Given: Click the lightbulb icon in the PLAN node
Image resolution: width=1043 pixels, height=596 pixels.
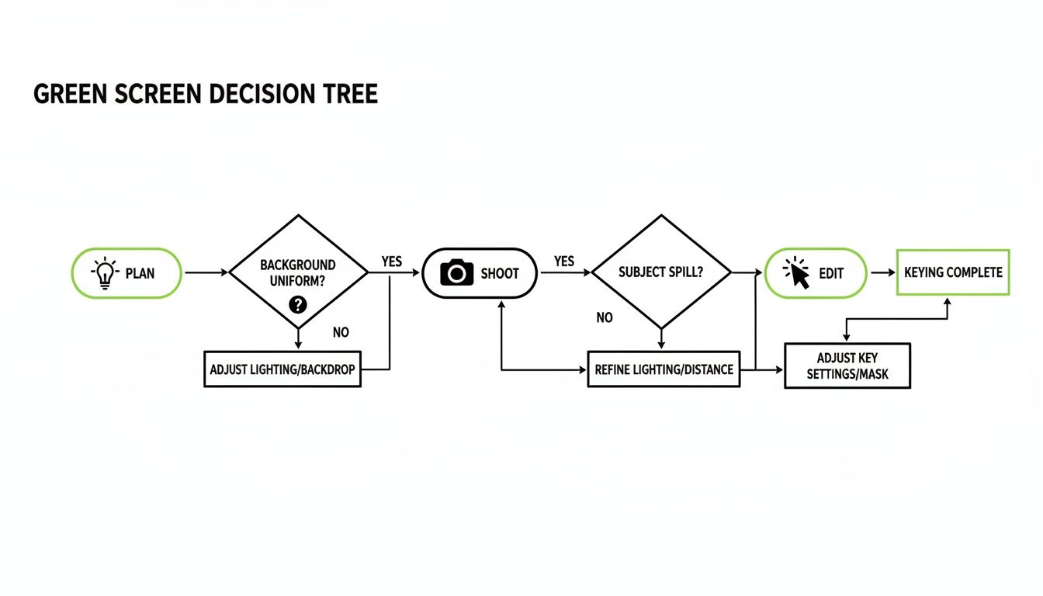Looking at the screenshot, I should tap(104, 273).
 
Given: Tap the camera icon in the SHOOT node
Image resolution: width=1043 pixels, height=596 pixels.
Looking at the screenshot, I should tap(456, 272).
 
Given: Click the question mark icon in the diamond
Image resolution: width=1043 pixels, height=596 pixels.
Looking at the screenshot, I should tap(298, 304).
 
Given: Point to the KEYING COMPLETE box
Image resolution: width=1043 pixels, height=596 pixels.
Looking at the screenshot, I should tap(953, 272).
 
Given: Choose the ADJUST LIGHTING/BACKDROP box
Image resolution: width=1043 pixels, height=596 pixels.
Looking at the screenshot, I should tap(282, 369).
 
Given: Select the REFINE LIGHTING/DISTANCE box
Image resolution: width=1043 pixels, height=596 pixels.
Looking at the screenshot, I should tap(664, 369).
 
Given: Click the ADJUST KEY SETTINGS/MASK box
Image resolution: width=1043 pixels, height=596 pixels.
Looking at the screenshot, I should tap(847, 366).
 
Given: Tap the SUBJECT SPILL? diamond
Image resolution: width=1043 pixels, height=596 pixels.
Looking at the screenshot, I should tap(661, 272).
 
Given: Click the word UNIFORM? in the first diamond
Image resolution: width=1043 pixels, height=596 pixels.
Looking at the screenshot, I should tap(298, 280).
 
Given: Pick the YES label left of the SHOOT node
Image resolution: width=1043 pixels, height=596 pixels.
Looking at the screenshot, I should tap(392, 262).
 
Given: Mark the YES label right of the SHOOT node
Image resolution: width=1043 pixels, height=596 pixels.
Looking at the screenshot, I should tap(564, 262).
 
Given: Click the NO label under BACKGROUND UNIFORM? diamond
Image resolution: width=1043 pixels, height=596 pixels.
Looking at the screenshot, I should tap(341, 332).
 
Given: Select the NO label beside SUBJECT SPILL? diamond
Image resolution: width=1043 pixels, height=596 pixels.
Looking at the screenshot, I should tap(605, 317).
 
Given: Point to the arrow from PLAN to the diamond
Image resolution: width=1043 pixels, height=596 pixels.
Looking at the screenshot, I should tap(206, 273).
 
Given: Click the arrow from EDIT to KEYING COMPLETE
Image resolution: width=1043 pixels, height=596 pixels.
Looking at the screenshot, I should tap(882, 273).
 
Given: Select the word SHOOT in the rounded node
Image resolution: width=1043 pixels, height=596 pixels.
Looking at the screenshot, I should tap(500, 273).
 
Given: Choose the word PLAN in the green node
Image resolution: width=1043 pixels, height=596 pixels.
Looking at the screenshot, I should tap(140, 273).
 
